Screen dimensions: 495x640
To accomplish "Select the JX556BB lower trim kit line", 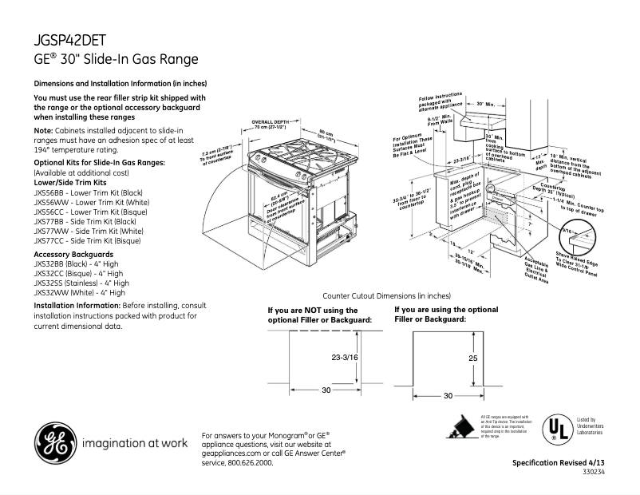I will coord(88,192).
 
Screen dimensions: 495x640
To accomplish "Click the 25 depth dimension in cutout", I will coord(472,358).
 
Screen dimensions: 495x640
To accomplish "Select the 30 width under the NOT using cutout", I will coord(326,390).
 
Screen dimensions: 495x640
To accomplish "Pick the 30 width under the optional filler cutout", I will coord(448,395).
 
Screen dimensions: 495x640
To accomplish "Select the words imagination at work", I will coord(135,442).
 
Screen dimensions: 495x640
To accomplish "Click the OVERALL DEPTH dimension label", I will coord(269,121).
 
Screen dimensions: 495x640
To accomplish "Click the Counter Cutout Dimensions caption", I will coord(385,295).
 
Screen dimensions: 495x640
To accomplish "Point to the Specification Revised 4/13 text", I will coord(558,463).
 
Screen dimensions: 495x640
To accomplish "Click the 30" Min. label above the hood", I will coord(486,104).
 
